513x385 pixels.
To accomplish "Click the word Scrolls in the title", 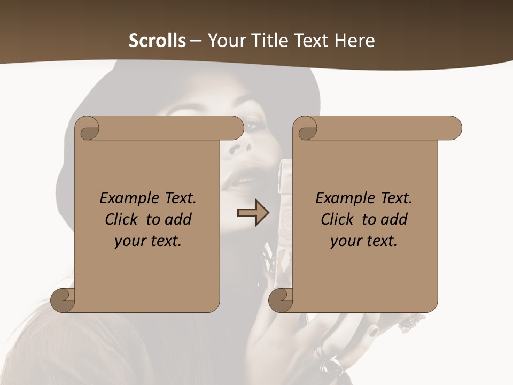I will [x=157, y=41].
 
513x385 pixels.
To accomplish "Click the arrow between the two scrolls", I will [x=253, y=213].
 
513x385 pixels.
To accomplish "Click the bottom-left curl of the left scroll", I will [x=63, y=300].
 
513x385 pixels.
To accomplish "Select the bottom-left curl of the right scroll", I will [x=281, y=300].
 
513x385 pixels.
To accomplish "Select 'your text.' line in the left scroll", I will [x=148, y=241].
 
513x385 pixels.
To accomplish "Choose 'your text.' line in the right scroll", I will [x=364, y=241].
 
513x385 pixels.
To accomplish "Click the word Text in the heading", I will [x=310, y=41].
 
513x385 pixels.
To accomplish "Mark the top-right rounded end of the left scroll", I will [x=235, y=128].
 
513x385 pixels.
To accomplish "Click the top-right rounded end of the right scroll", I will [x=453, y=128].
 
